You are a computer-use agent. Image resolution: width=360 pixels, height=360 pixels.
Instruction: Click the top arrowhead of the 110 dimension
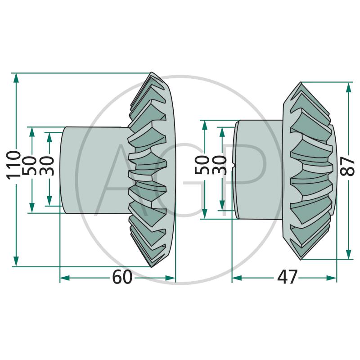pos(16,77)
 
